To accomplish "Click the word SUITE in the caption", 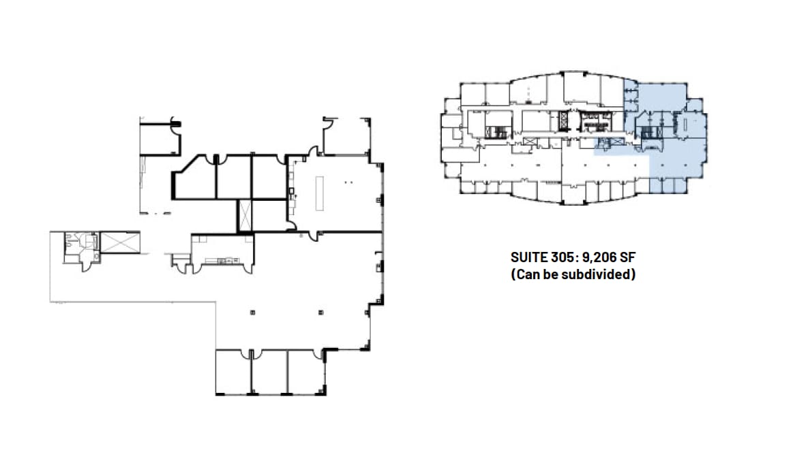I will (x=527, y=258).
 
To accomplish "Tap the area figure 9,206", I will (x=597, y=258).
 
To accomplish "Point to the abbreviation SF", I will (x=629, y=258).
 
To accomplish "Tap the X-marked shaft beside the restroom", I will (x=119, y=242).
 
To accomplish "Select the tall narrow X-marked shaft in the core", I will (x=244, y=215).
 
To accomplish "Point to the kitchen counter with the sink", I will (x=222, y=261).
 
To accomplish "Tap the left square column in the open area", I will (x=253, y=312).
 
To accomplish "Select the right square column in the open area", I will (x=320, y=312).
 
